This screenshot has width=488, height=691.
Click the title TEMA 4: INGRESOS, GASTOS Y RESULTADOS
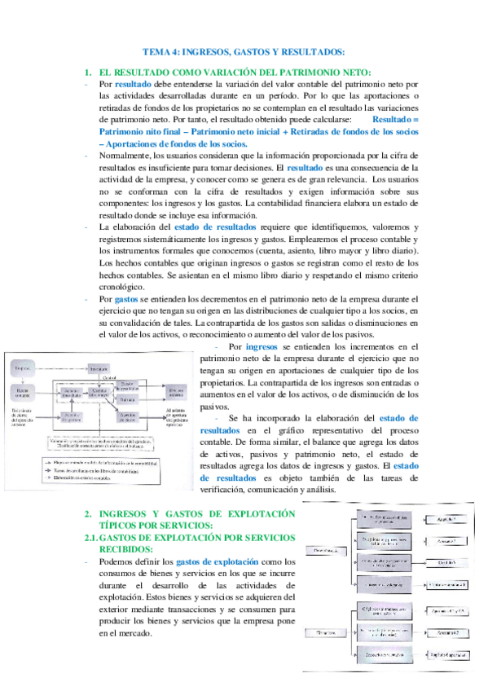click(x=244, y=51)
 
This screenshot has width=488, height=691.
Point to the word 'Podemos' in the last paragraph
click(x=117, y=561)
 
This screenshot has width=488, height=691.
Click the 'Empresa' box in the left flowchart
click(x=23, y=369)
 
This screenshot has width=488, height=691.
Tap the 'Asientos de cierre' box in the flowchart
click(x=126, y=418)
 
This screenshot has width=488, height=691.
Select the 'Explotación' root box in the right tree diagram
click(x=326, y=550)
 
